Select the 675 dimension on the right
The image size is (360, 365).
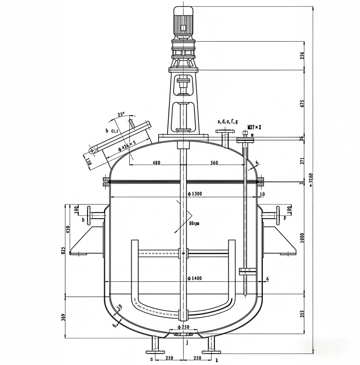click(x=302, y=103)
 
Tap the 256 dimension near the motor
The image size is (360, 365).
click(x=302, y=55)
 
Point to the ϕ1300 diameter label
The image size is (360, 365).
click(x=194, y=193)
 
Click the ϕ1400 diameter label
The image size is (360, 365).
click(x=194, y=278)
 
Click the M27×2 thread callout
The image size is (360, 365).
click(x=254, y=127)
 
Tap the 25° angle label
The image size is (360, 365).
click(x=121, y=114)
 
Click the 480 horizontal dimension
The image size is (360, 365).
click(x=156, y=163)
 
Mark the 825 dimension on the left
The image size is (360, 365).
click(x=64, y=250)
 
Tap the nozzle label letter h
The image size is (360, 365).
click(x=83, y=219)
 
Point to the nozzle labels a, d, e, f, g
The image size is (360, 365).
click(x=227, y=121)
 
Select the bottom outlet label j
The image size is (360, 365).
click(x=187, y=342)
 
